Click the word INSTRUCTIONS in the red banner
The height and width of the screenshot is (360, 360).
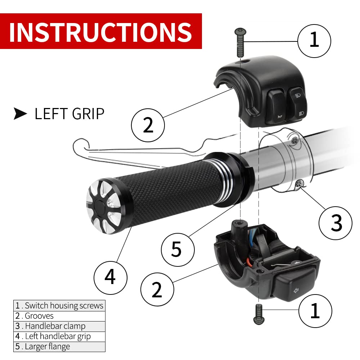coord(100,32)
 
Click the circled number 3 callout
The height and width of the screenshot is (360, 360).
coord(336,224)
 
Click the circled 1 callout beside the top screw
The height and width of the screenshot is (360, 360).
coord(314,40)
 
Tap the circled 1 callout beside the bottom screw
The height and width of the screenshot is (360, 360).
coord(315,310)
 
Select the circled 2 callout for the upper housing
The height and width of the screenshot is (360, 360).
coord(148,125)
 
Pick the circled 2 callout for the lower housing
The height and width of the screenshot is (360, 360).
coord(157,291)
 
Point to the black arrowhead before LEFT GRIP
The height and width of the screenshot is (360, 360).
coord(21,114)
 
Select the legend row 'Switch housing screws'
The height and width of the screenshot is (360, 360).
coord(59,306)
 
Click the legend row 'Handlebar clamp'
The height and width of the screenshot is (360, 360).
coord(59,326)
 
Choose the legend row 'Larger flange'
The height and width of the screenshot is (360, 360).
coord(59,347)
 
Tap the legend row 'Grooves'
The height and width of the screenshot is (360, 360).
coord(59,316)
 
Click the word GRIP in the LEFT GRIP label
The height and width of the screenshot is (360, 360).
coord(85,114)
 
